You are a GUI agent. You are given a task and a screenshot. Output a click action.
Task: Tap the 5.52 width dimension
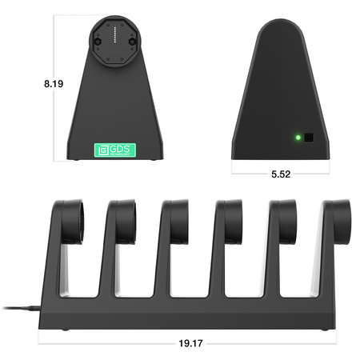pos(280,174)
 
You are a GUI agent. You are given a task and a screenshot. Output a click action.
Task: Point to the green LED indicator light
pos(298,137)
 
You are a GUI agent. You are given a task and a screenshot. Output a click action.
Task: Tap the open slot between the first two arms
pos(89,272)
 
